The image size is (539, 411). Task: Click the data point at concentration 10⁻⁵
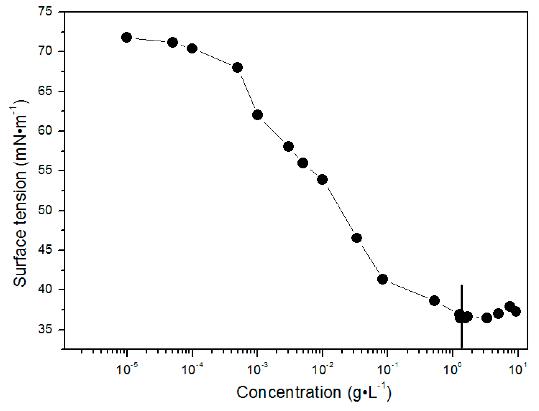tap(126, 37)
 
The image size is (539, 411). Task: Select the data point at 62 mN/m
tap(257, 115)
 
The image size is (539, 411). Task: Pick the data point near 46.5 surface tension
tap(357, 238)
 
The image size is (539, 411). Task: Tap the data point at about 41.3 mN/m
tap(383, 279)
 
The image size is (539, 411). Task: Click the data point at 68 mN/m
tap(237, 68)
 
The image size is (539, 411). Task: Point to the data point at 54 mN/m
tap(322, 179)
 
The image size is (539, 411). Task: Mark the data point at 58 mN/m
tap(288, 146)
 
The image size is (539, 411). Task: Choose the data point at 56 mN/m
tap(303, 163)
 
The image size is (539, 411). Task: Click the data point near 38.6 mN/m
tap(434, 301)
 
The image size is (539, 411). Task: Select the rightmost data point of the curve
tap(516, 311)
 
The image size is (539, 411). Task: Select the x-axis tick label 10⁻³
tap(257, 369)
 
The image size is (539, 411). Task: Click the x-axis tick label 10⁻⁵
tap(127, 369)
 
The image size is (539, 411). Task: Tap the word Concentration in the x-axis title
tap(289, 393)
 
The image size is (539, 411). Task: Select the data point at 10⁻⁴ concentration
tap(192, 48)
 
